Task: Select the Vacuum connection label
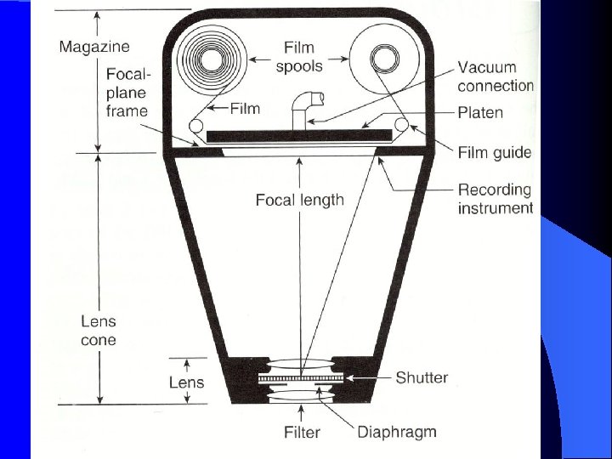(x=496, y=76)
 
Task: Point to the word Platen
(x=481, y=112)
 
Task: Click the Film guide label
(x=495, y=153)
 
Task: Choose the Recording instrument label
(x=496, y=198)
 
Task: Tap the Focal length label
(x=300, y=201)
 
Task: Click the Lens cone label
(x=99, y=331)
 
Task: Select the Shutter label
(x=422, y=377)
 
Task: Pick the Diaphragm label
(x=396, y=432)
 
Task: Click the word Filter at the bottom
(x=303, y=433)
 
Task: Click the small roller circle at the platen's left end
(x=196, y=127)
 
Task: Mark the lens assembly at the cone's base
(x=303, y=381)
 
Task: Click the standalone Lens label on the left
(x=185, y=382)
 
